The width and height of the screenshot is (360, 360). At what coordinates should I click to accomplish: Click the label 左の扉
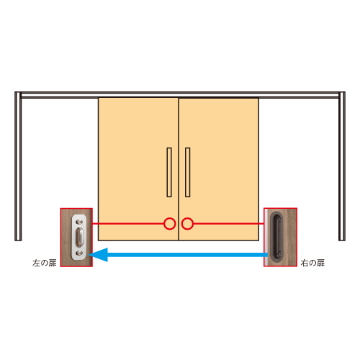[45, 263]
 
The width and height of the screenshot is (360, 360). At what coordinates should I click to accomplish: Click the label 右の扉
[312, 263]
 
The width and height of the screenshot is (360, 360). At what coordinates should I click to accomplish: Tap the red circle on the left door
[170, 224]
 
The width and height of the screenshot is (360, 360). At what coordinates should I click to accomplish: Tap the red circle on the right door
[187, 224]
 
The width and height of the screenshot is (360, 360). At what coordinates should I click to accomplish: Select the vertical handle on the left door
[169, 172]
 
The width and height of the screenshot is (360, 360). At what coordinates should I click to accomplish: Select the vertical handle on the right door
[188, 172]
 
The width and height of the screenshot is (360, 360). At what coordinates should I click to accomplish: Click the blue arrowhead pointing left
[99, 255]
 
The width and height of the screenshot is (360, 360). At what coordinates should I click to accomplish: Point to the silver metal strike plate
[79, 237]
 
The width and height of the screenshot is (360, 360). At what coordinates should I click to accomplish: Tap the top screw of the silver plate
[79, 222]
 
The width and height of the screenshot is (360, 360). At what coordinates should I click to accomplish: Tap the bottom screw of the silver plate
[79, 253]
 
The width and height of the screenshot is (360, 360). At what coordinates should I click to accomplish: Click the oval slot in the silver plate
[79, 238]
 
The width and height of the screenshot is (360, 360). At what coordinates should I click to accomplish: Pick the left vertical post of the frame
[18, 166]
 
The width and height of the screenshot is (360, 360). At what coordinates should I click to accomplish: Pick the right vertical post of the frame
[342, 166]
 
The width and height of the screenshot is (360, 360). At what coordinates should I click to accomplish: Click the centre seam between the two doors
[179, 169]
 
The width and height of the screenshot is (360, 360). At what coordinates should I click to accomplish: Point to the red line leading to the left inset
[128, 224]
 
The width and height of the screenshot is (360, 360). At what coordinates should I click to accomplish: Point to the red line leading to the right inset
[228, 224]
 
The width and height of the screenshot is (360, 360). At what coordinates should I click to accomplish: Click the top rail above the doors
[180, 95]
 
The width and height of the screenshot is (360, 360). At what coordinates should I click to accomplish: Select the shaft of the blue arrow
[187, 255]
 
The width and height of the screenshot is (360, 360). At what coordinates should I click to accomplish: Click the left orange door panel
[138, 169]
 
